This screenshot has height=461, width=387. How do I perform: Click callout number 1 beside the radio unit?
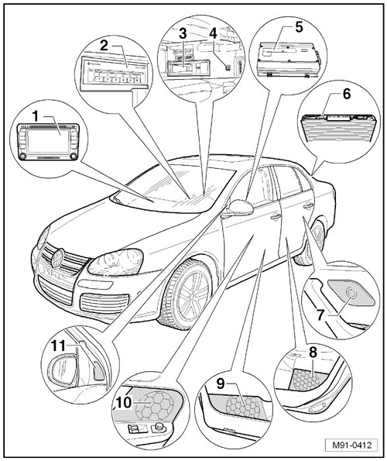pos(36,117)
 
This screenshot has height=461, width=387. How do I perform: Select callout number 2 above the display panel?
pos(104,46)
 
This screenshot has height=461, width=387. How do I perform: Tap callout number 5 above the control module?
pos(299,27)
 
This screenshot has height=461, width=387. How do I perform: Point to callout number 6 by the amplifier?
pos(347,94)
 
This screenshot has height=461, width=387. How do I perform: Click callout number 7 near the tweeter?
pos(320,315)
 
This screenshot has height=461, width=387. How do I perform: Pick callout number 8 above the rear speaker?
pos(313,352)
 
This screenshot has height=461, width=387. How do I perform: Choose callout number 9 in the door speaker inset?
pos(221,383)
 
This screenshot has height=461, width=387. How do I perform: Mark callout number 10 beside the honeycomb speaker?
pos(124,402)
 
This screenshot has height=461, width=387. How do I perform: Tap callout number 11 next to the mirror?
pos(58,346)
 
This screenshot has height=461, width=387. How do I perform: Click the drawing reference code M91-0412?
pos(352,445)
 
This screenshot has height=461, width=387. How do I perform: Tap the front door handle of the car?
pos(276,217)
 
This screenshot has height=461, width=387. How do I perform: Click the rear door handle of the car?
pos(308,206)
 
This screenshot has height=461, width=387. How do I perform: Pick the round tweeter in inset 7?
pos(351,292)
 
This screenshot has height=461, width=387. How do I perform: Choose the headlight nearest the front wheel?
pos(116,262)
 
